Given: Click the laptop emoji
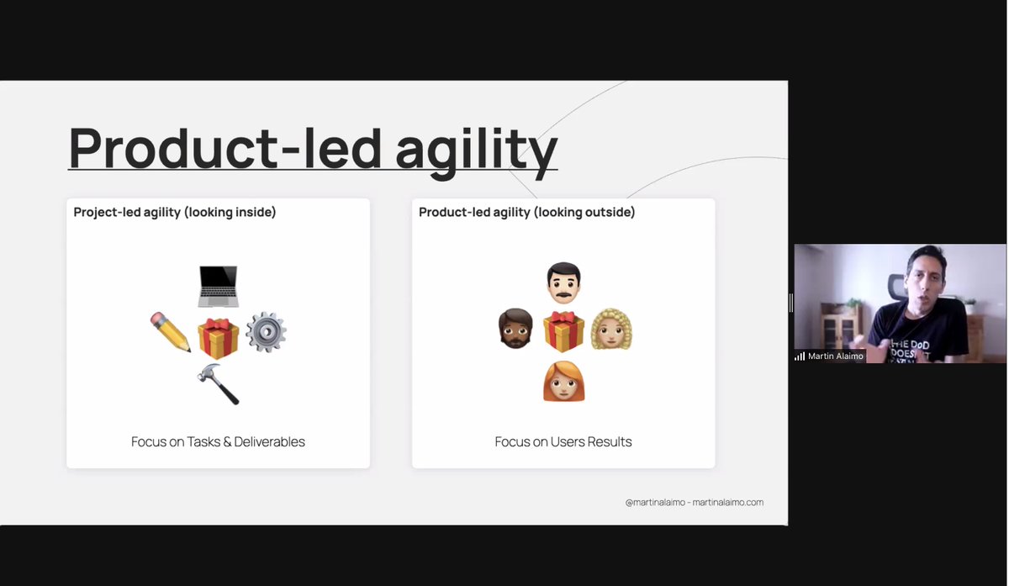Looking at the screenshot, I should tap(218, 286).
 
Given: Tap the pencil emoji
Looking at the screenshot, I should tap(171, 332).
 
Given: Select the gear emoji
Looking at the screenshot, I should tap(266, 332).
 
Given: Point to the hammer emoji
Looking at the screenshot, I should tap(218, 383).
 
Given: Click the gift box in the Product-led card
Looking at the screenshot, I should tap(563, 330).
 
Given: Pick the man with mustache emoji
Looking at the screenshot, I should tap(563, 283).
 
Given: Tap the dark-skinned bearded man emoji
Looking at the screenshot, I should tap(515, 329).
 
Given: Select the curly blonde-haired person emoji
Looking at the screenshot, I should tap(611, 330).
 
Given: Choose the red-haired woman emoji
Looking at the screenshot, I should tap(563, 381).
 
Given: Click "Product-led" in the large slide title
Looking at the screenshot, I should tap(225, 149).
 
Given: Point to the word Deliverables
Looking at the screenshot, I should tap(270, 441).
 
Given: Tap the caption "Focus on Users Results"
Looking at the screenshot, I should tap(563, 441).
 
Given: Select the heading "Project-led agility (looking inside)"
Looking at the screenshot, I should tap(175, 213).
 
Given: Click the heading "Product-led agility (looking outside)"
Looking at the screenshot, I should tap(527, 213).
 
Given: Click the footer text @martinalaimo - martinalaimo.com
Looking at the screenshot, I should tap(695, 503).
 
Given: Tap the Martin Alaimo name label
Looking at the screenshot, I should tap(835, 356).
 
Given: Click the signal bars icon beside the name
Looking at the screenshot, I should tap(800, 356).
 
